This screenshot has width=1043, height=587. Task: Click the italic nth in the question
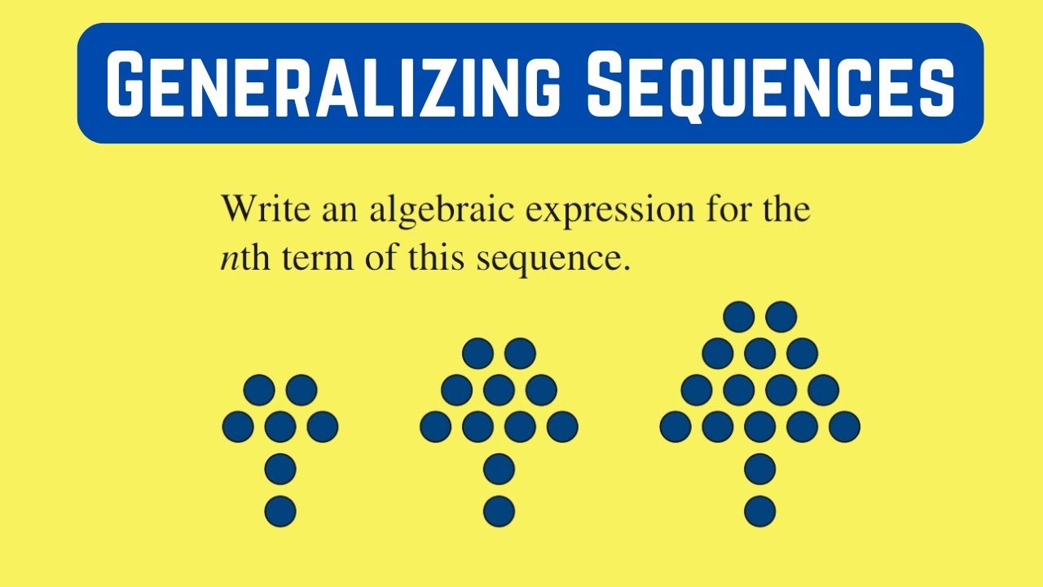coord(237,259)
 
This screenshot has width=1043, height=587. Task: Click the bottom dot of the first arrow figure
coord(280,511)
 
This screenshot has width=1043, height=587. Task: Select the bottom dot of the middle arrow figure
coord(499,511)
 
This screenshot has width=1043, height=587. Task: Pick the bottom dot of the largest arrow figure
coord(759,511)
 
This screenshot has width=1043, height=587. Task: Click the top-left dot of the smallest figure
coord(259,390)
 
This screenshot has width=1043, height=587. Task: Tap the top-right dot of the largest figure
coord(781,316)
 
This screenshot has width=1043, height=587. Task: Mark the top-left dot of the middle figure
coord(477,353)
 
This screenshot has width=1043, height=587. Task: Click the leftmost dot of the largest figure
coord(676,426)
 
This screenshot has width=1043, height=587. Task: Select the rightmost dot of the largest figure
coord(844,426)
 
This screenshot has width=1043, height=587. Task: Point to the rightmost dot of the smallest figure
coord(323,426)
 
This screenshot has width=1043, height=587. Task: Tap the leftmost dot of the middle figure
coord(435,426)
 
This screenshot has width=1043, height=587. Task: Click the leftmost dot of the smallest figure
coord(237,426)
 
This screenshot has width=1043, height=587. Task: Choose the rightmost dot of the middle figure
coord(562,426)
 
